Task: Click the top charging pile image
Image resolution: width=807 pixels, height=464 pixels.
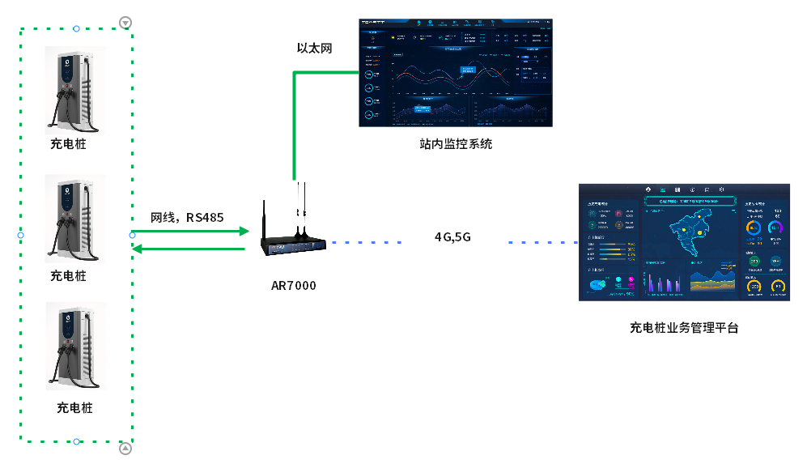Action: click(75, 90)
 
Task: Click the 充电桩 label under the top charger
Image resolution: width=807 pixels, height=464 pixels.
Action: click(68, 145)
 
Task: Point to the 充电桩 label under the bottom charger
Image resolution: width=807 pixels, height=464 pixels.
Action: click(74, 407)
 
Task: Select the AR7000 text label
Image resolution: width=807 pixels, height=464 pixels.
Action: click(293, 286)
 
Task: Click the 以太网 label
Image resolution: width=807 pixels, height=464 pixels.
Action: click(314, 49)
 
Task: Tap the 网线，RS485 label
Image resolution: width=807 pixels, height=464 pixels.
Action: click(187, 217)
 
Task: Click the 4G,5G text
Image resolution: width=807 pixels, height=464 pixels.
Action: click(452, 237)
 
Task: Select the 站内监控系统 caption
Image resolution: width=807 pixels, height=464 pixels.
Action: click(456, 144)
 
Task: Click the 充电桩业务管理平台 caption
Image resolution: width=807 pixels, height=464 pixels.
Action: click(684, 328)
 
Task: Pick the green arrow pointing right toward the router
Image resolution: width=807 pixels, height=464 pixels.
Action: click(190, 232)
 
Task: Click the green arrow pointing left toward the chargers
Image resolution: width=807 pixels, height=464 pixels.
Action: click(190, 249)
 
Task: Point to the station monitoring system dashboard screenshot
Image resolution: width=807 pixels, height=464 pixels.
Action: click(457, 72)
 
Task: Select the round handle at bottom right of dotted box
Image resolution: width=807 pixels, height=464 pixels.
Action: click(125, 448)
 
